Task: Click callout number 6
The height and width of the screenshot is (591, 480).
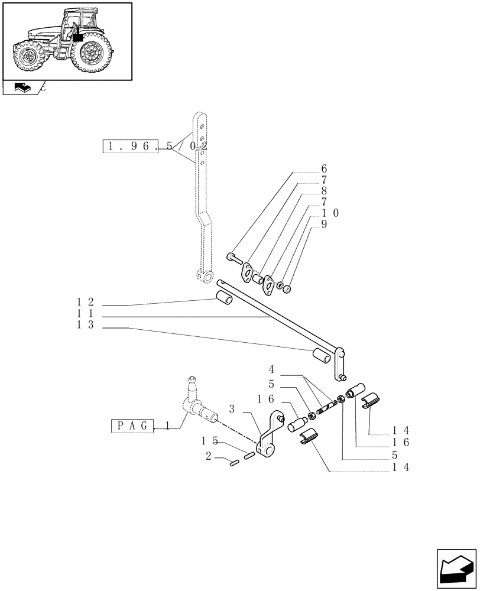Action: (324, 169)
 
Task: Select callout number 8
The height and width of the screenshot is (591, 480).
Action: (324, 191)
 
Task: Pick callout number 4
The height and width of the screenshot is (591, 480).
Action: (271, 371)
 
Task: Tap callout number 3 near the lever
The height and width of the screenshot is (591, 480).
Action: (232, 409)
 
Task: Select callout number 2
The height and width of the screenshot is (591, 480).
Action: (209, 456)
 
